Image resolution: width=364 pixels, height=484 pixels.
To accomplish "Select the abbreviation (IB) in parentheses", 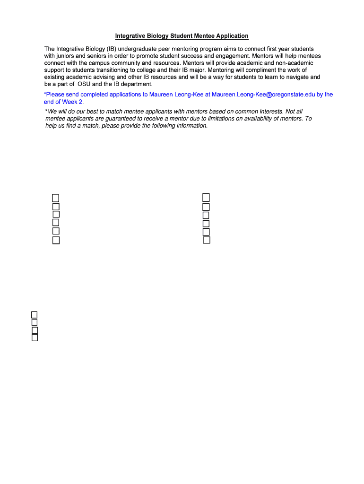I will pos(111,49).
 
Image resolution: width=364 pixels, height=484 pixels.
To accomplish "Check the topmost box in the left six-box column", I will pos(56,198).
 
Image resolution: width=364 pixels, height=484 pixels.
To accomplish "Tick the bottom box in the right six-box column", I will pos(206,240).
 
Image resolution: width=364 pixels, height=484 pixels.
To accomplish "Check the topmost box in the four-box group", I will pos(34,315).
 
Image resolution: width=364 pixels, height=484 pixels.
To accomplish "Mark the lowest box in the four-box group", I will pos(35,337).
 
